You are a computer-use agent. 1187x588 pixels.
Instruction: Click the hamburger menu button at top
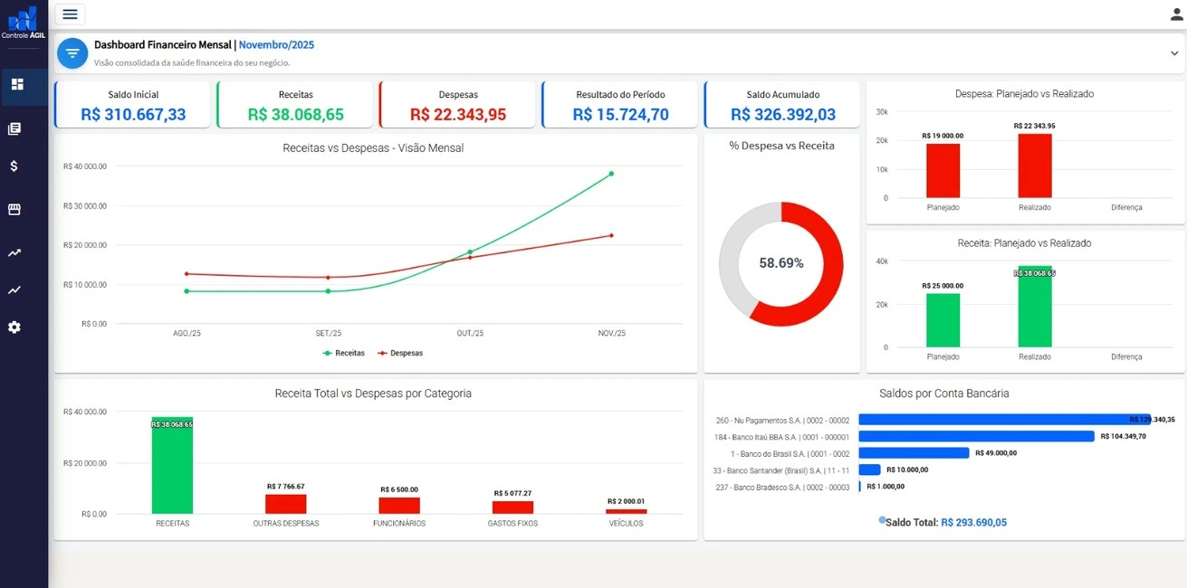click(70, 14)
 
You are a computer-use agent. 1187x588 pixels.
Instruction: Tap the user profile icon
click(1176, 14)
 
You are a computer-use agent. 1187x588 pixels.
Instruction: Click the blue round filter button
click(72, 53)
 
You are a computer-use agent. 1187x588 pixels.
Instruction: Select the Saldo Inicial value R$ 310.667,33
click(133, 115)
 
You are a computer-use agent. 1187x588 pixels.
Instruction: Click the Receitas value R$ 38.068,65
click(295, 115)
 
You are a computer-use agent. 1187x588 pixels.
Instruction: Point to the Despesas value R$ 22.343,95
click(458, 115)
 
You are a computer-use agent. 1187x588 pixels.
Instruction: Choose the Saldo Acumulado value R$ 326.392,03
click(783, 115)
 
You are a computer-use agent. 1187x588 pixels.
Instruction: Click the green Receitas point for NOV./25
click(611, 174)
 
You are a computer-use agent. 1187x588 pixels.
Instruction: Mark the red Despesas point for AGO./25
click(187, 273)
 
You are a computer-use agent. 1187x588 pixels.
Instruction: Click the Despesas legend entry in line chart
click(400, 353)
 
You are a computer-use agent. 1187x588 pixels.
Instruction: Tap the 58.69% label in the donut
click(780, 263)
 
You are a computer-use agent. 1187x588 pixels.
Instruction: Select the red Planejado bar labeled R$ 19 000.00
click(943, 170)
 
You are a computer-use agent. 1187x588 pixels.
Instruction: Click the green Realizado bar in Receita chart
click(1035, 308)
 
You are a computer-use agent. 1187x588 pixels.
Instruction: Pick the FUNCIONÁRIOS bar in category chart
click(399, 506)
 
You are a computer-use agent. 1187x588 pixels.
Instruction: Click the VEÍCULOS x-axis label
click(626, 523)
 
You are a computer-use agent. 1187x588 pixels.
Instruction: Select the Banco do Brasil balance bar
click(914, 453)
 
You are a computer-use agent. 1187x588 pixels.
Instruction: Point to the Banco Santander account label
click(781, 470)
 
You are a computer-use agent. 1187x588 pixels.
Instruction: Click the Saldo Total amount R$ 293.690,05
click(973, 522)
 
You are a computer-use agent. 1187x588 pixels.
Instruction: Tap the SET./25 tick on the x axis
click(328, 334)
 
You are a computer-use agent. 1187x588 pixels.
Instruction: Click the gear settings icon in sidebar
click(14, 327)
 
